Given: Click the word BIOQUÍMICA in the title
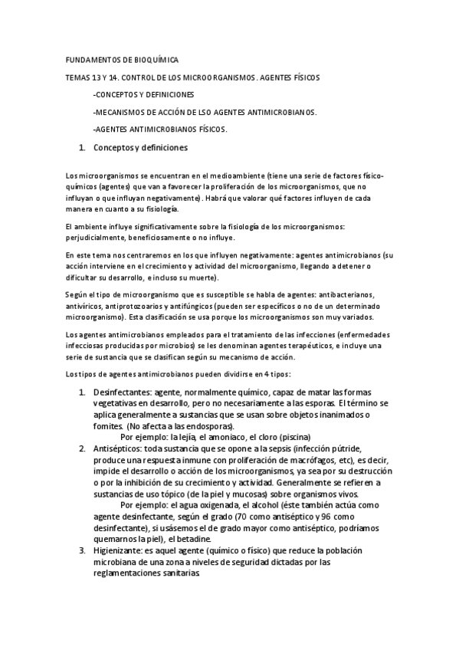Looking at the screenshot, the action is tap(156, 59).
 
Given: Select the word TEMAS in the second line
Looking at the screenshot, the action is tap(79, 77).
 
